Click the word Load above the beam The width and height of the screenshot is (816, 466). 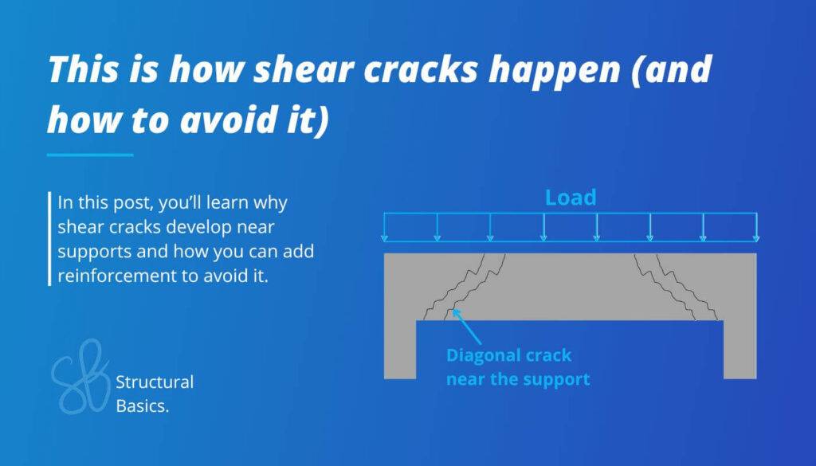(570, 198)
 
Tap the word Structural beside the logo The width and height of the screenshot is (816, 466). (155, 382)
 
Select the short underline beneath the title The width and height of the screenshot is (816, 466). (89, 155)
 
